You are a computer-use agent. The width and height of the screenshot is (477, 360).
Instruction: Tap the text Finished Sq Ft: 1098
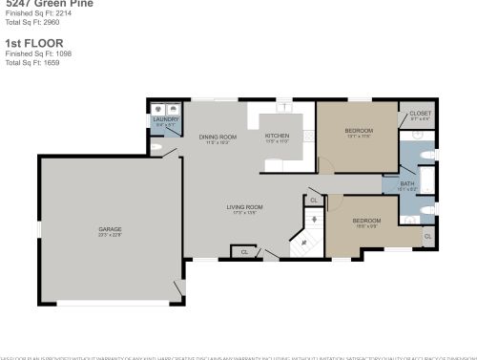38,54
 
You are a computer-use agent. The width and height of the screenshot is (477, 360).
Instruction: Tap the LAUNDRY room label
164,119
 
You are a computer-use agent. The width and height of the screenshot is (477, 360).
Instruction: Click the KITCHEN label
277,137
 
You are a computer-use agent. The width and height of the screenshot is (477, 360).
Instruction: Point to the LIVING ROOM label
244,207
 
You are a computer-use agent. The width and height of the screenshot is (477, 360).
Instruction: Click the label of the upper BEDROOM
359,130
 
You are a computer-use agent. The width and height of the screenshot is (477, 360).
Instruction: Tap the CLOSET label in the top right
420,114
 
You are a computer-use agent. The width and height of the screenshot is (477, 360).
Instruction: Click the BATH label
407,183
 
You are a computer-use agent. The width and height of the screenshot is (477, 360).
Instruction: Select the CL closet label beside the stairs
314,201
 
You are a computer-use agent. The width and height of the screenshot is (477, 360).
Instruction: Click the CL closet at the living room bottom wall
244,252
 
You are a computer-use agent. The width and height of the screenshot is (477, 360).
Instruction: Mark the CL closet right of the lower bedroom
427,235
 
